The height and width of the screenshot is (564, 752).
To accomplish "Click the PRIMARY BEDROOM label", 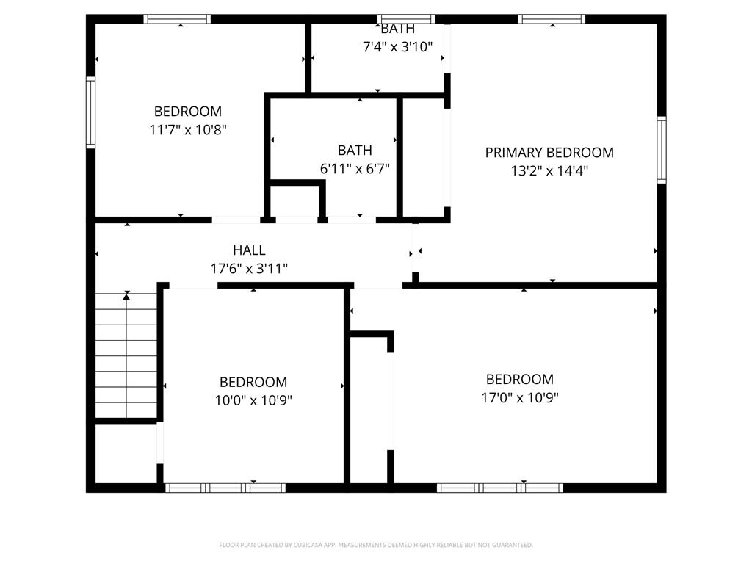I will coord(549,153).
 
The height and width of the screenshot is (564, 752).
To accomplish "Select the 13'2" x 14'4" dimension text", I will coord(549,171).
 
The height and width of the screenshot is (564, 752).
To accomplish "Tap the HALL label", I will coord(249,250).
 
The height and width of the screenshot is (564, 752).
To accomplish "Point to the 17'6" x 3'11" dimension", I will coord(249,269).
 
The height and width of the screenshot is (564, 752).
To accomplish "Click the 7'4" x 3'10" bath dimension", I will coord(397,46).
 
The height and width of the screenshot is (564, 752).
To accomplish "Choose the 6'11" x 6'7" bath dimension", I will coord(355,168).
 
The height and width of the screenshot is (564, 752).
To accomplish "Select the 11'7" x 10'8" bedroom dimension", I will coord(187,130).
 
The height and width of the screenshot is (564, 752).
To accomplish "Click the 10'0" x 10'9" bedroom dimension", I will coord(253,400).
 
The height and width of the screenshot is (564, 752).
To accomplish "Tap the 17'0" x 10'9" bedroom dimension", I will coord(519,397).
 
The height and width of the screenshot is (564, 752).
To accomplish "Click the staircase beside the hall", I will coord(126,356).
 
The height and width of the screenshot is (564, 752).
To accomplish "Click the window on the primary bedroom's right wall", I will coord(661,150).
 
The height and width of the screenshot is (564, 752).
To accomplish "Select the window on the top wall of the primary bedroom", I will coord(552,19).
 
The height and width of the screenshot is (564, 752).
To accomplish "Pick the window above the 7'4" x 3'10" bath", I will coord(405,19).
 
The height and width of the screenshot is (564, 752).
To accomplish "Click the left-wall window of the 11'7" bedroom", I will coord(91,113).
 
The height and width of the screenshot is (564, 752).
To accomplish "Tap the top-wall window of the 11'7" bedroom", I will coord(177,19).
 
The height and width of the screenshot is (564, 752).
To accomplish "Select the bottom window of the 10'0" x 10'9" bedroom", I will coord(225,488).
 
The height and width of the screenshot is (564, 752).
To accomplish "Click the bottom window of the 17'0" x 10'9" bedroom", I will coord(500,488).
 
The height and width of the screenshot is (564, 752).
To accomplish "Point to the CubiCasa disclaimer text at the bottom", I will coord(376,545).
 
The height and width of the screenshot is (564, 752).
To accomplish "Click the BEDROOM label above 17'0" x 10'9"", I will coord(519,380).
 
